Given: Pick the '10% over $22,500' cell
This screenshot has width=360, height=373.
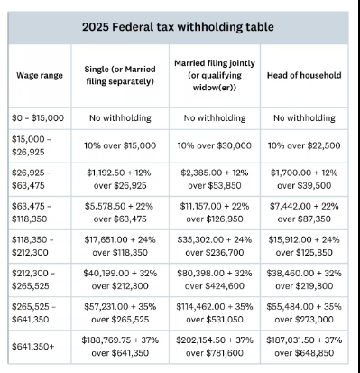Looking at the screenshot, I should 303,145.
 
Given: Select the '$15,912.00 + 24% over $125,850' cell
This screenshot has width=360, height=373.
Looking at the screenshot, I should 303,243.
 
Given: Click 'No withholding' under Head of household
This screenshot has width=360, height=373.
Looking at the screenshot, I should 303,117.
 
